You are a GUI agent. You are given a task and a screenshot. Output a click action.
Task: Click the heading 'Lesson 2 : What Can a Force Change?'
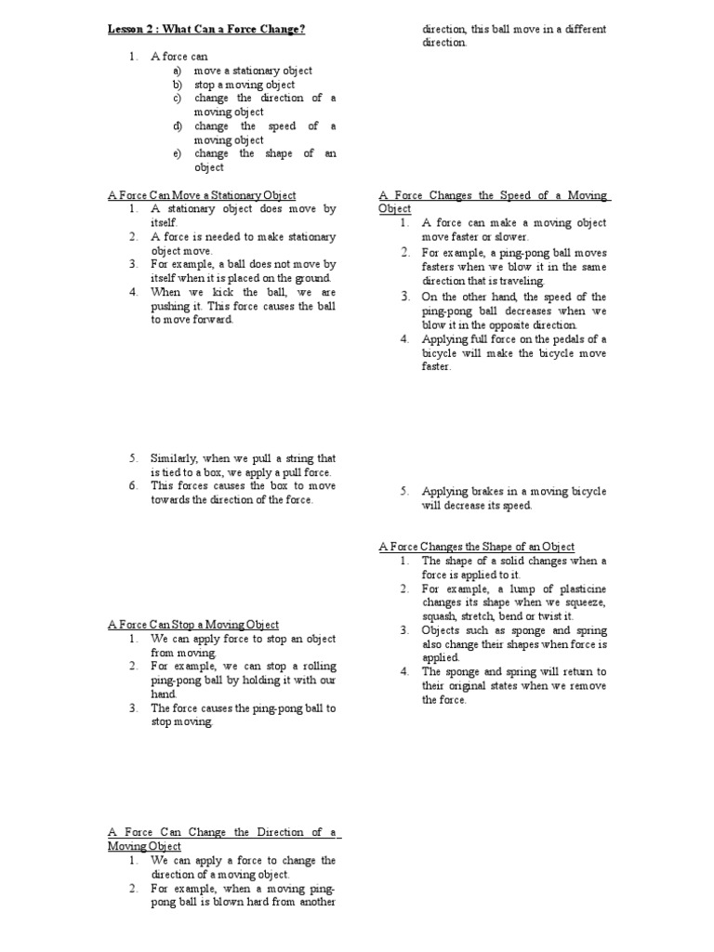[x=206, y=30]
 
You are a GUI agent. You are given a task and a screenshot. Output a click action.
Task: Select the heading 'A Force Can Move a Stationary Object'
[x=202, y=195]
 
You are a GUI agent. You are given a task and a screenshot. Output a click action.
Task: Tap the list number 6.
[x=134, y=486]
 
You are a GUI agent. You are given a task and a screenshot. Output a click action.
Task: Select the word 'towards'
[x=170, y=500]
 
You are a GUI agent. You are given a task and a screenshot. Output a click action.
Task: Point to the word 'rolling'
[x=317, y=667]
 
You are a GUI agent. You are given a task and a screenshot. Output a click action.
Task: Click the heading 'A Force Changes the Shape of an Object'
[x=477, y=547]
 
